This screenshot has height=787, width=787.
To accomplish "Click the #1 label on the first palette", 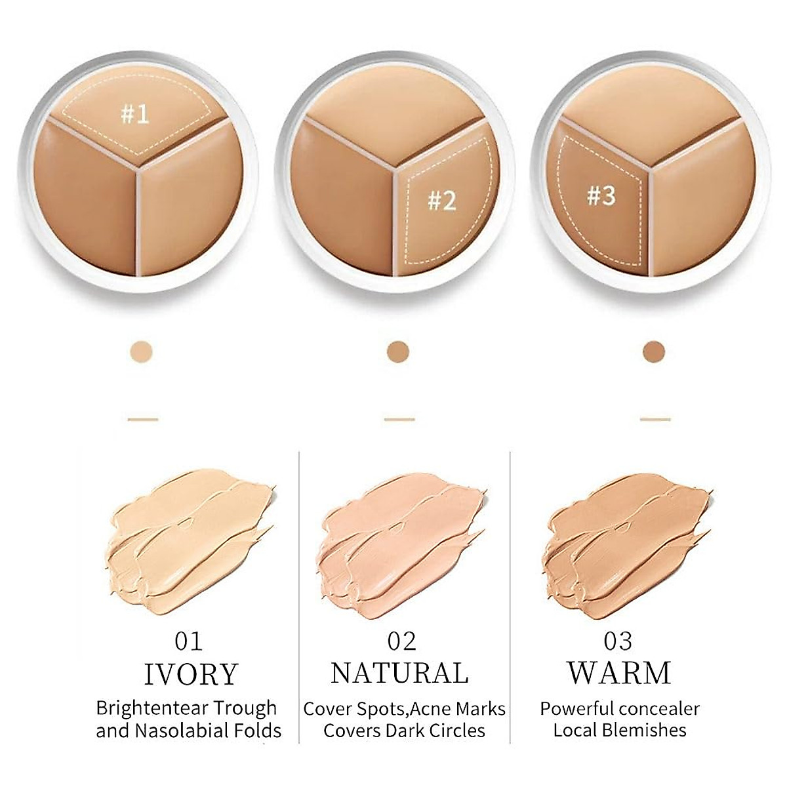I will (135, 115).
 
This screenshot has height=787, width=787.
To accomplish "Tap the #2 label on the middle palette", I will (441, 200).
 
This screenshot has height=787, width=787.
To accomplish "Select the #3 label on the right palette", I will (601, 195).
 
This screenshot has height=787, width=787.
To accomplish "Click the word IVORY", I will (190, 674).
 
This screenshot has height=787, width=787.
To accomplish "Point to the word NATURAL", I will (400, 673).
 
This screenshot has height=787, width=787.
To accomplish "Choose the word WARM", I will (619, 673).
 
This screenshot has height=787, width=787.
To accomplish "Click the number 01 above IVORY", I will (189, 640).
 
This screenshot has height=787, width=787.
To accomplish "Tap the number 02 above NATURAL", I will (401, 640).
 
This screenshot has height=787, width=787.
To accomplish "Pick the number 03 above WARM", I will (618, 640).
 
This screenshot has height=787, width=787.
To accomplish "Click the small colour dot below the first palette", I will (142, 351).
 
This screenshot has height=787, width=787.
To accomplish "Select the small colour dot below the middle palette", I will (398, 351).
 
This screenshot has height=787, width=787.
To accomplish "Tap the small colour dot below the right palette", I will (654, 351).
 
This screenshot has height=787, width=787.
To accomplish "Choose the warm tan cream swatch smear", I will (626, 538).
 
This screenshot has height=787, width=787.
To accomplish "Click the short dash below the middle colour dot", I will (399, 419).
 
